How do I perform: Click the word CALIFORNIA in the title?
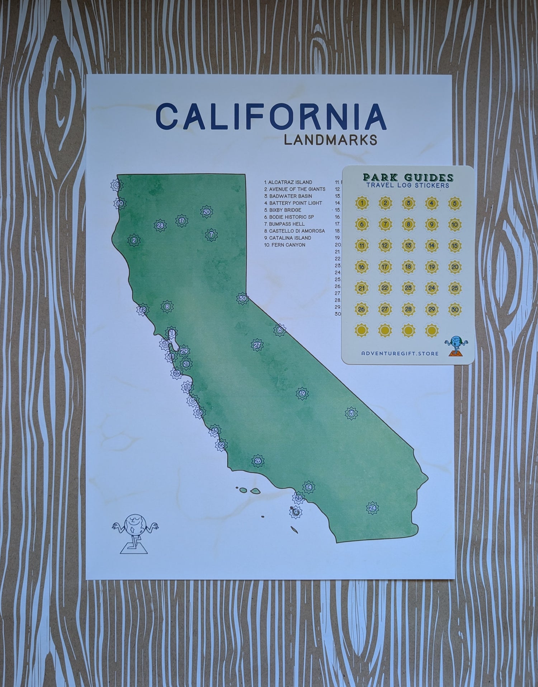tap(271, 116)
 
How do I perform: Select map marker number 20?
tap(206, 212)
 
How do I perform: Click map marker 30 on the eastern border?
tap(243, 298)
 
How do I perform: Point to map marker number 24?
tap(372, 508)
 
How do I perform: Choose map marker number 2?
tap(134, 240)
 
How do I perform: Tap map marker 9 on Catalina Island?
tap(296, 512)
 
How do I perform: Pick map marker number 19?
tap(302, 393)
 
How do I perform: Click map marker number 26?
tap(258, 461)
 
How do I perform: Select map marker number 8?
tap(167, 307)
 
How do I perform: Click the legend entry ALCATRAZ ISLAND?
tap(288, 182)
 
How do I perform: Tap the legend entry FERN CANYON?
tap(285, 245)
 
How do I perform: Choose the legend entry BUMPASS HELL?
tap(284, 224)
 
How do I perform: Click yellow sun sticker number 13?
tap(408, 246)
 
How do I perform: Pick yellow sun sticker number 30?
tap(455, 309)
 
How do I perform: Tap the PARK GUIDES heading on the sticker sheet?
tap(408, 177)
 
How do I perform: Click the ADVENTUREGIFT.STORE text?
tap(400, 354)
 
